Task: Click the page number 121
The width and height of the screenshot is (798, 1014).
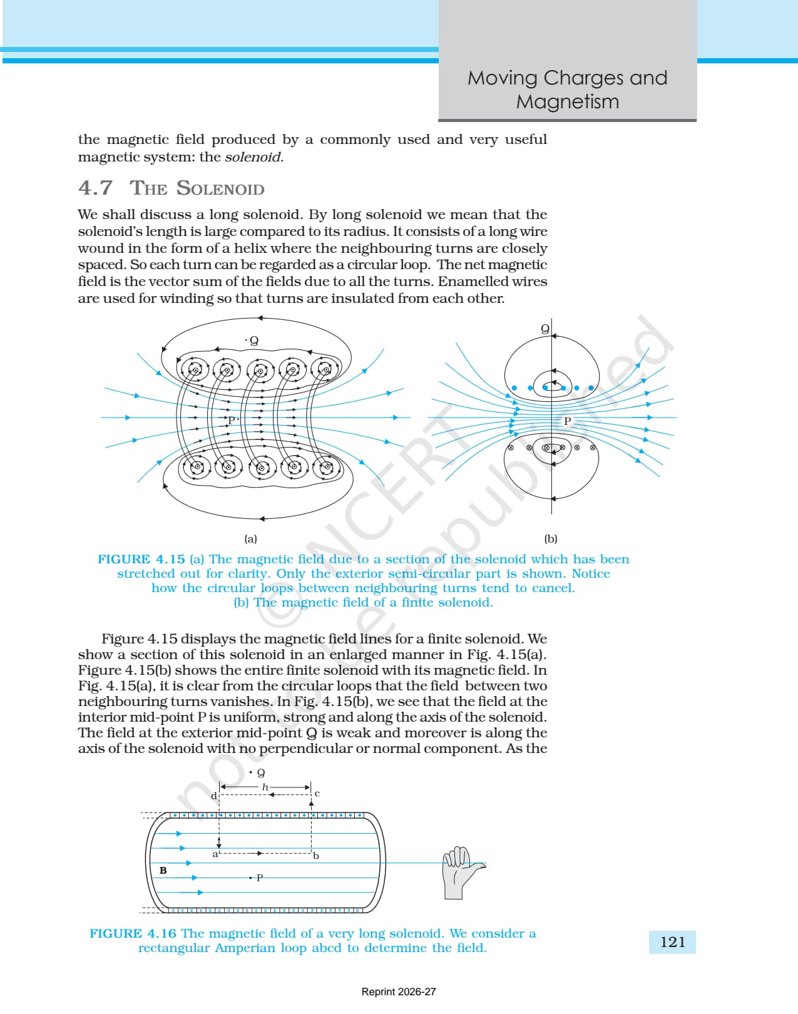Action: (x=673, y=942)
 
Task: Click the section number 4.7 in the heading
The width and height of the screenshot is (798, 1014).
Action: (x=95, y=188)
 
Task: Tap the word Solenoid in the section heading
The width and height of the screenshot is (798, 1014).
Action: (x=220, y=188)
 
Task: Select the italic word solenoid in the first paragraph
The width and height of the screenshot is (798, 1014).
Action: (x=253, y=157)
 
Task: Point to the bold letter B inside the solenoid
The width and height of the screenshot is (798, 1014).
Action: (x=163, y=870)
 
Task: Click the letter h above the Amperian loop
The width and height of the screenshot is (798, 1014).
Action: (x=265, y=787)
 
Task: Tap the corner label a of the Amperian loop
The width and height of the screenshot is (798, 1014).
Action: (x=215, y=854)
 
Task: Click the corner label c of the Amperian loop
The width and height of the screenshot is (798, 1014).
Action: (x=317, y=794)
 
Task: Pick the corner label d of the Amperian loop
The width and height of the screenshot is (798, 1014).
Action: (x=213, y=796)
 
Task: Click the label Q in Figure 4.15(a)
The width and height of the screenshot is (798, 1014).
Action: (x=254, y=341)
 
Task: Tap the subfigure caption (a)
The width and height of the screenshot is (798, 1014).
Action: (x=251, y=538)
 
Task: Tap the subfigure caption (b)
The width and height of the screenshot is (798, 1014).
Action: (x=551, y=538)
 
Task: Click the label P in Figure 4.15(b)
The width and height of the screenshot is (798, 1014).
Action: (x=568, y=421)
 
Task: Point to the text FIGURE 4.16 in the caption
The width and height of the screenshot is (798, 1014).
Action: (x=133, y=933)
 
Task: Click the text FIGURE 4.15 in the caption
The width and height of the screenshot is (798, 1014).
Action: (x=141, y=560)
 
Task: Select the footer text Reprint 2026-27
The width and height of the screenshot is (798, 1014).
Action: (x=399, y=992)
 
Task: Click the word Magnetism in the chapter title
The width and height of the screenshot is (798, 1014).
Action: (x=568, y=102)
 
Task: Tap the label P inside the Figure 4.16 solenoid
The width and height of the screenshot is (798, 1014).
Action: (x=260, y=878)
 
